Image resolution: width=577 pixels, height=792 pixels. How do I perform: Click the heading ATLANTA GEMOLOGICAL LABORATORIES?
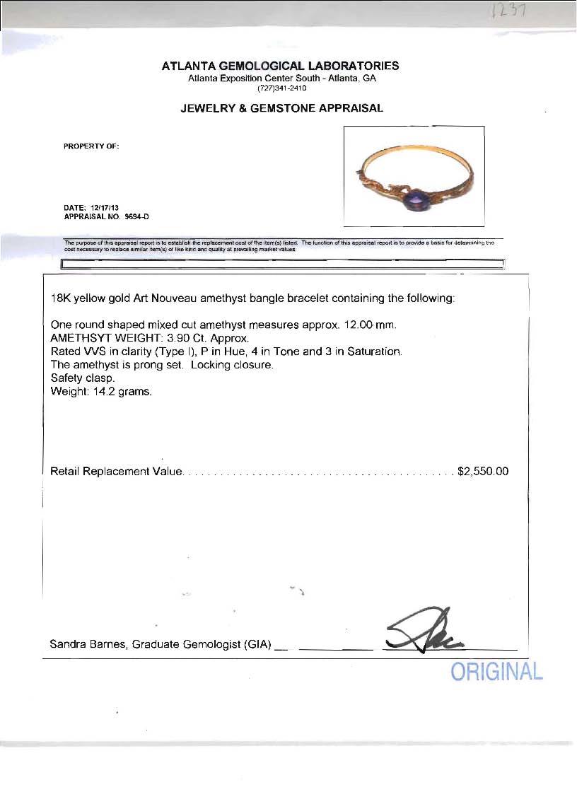coord(280,66)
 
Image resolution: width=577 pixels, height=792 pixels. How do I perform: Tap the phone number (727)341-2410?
coord(281,88)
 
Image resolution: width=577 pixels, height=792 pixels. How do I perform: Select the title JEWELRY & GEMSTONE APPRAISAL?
coord(281,108)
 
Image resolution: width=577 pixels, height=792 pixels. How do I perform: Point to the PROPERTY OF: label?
coord(91,146)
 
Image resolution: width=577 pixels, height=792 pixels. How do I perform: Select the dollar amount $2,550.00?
coord(483,471)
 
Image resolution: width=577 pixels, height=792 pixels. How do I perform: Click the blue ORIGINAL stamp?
coord(496,672)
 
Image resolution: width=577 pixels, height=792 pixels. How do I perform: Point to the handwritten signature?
coord(423,633)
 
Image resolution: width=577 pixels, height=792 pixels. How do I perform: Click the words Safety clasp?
coord(83,378)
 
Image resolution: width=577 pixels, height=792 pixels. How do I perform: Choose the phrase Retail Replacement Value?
coord(117,471)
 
